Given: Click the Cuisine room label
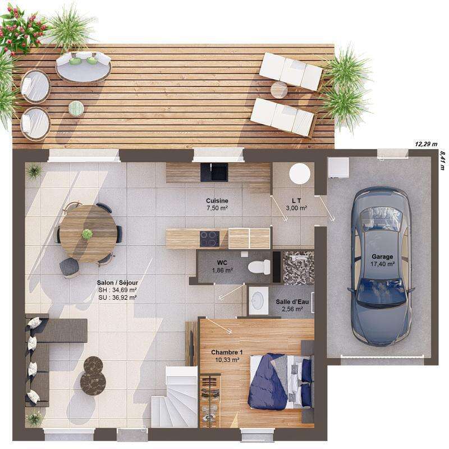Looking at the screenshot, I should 217,200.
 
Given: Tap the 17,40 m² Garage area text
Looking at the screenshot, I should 382,263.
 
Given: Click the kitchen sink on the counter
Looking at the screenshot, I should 214,172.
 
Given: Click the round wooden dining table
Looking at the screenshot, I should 88,226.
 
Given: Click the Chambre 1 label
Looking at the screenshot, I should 227,352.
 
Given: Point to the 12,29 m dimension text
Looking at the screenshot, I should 425,144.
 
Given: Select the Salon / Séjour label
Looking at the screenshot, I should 118,283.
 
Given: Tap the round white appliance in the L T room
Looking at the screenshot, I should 300,173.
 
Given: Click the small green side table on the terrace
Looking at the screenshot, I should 76,108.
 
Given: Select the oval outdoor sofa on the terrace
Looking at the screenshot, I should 83,66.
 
